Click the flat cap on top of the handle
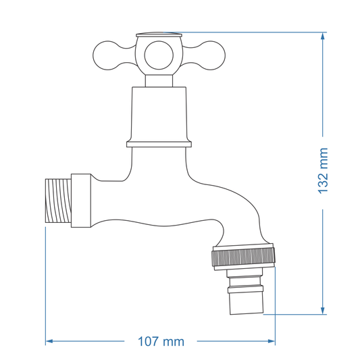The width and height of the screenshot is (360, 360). click(159, 34)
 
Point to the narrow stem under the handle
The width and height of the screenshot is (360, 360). click(159, 80)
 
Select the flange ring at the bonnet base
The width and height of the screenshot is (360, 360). click(159, 143)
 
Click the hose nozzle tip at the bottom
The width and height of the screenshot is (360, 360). click(245, 303)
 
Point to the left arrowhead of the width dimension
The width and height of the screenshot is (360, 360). click(49, 342)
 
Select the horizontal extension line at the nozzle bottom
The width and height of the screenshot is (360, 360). click(297, 315)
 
